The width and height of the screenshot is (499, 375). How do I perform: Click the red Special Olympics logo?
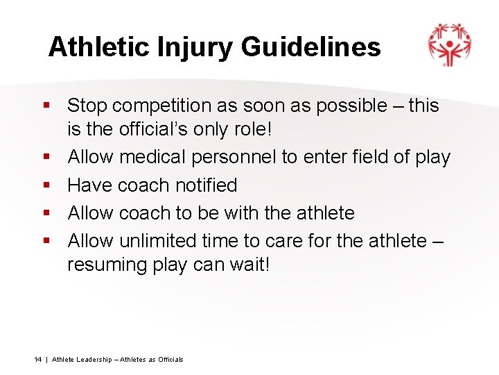coord(449,44)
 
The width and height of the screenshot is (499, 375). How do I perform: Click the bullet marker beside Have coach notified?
coord(47,185)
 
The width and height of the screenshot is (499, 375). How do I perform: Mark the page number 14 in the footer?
coord(38,359)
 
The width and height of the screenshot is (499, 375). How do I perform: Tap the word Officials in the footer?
coord(170,359)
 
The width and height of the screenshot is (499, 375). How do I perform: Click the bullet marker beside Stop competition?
coord(47,106)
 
